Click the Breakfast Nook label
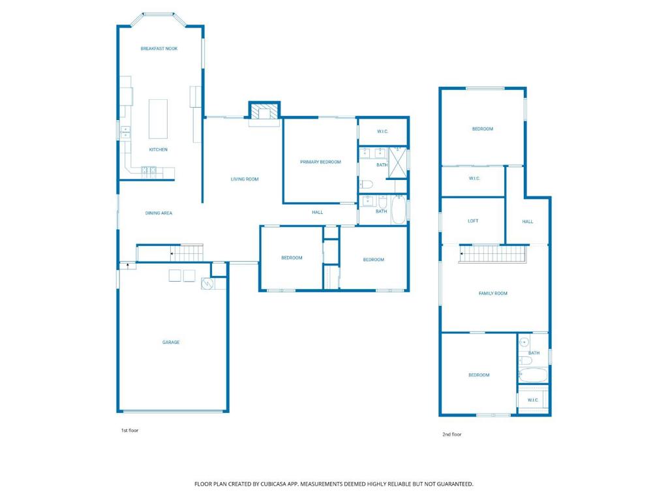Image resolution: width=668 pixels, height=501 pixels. (159, 49)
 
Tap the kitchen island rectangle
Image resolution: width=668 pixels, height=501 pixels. (158, 119)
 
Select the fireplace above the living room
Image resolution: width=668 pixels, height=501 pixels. (264, 112)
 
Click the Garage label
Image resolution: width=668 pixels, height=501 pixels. (171, 342)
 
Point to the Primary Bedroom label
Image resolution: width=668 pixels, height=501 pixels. (320, 162)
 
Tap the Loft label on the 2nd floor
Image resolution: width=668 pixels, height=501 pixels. (473, 221)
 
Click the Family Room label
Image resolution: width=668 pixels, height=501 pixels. (493, 294)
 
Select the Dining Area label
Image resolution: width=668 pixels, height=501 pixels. (159, 213)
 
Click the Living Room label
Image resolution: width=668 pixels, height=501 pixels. (245, 179)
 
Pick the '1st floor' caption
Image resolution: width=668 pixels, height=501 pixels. (130, 431)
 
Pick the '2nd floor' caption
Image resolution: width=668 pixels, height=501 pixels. (452, 434)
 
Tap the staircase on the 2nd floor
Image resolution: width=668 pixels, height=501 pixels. (493, 253)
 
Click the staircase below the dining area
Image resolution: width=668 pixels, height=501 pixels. (182, 252)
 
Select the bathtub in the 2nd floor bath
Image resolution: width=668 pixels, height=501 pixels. (534, 375)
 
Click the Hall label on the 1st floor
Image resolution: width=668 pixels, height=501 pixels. (318, 212)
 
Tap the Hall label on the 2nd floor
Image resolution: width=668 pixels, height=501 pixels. (528, 222)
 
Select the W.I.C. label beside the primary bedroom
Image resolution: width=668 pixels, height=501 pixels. (383, 132)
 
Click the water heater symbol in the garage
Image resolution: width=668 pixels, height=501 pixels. (207, 284)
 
